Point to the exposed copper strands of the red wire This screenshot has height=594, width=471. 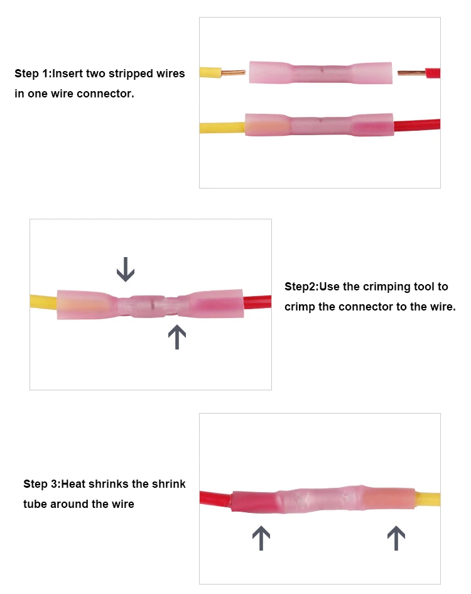(411, 73)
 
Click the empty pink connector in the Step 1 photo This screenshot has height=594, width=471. (320, 73)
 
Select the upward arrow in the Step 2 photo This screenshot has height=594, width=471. (177, 337)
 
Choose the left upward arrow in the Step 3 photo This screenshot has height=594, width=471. (261, 539)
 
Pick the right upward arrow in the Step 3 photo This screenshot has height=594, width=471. (396, 539)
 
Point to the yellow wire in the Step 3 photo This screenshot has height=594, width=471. (428, 499)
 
